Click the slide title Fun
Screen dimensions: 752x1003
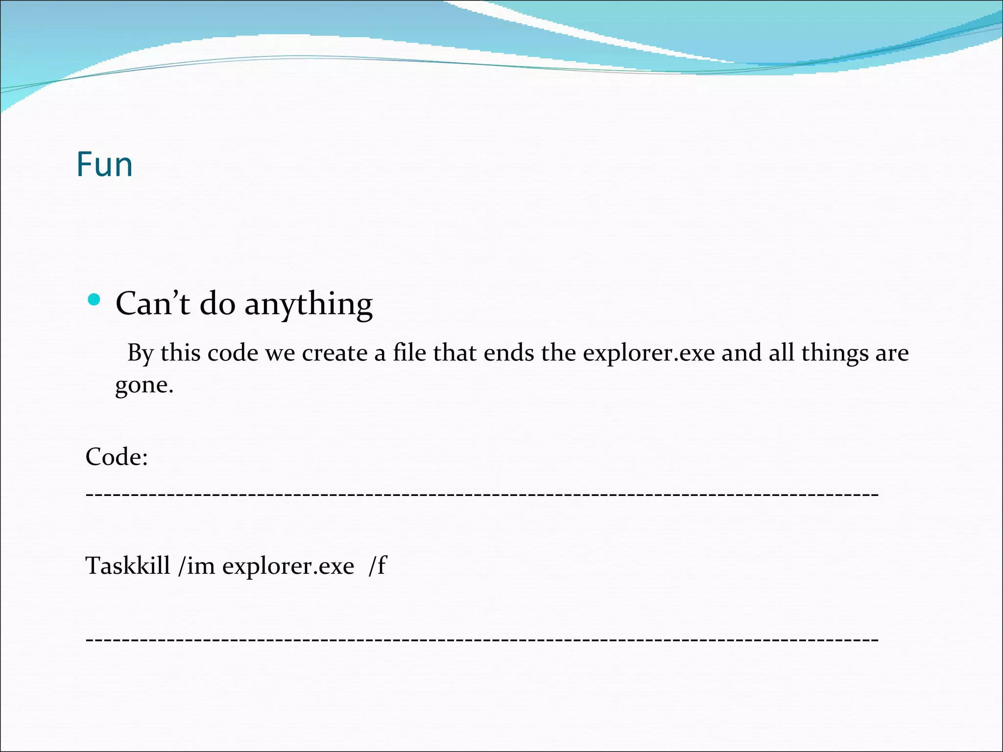(x=105, y=164)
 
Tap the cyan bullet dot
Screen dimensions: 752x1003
(x=93, y=299)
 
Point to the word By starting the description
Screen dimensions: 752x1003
(x=141, y=353)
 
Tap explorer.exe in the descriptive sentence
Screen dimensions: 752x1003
(x=649, y=353)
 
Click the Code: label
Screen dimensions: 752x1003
(x=117, y=457)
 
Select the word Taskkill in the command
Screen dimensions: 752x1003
(x=128, y=566)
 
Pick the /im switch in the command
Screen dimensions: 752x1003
(x=197, y=566)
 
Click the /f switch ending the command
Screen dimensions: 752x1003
(x=377, y=566)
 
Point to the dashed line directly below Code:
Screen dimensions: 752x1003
(x=482, y=495)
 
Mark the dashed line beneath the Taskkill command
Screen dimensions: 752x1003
(x=482, y=639)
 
